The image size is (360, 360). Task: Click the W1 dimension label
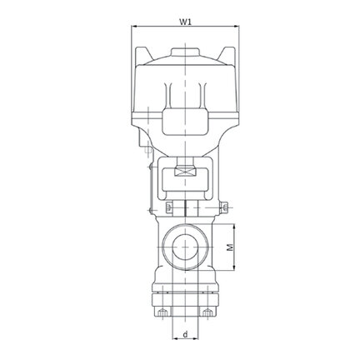pyautogui.click(x=185, y=22)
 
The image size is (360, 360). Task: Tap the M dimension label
pyautogui.click(x=230, y=247)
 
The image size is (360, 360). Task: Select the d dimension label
pyautogui.click(x=186, y=334)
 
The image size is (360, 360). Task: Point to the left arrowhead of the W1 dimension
pyautogui.click(x=134, y=27)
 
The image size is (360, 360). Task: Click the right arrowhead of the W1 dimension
pyautogui.click(x=236, y=27)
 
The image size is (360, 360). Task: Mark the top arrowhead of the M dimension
pyautogui.click(x=235, y=227)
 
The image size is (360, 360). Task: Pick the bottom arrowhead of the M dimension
pyautogui.click(x=235, y=267)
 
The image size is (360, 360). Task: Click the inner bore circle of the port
pyautogui.click(x=185, y=247)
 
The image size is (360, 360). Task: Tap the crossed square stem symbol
pyautogui.click(x=185, y=172)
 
